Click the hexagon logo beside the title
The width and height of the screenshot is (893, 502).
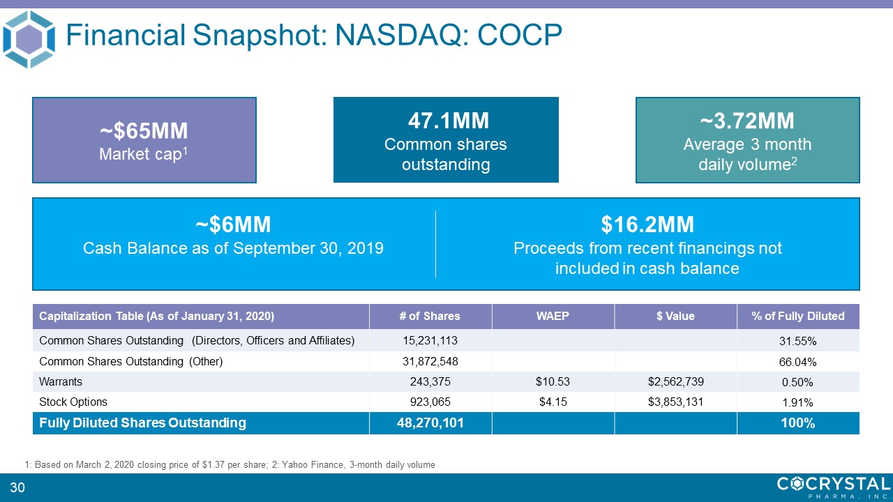click(29, 39)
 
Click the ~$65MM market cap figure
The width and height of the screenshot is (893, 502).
click(144, 130)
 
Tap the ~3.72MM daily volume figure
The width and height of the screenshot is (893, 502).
click(747, 121)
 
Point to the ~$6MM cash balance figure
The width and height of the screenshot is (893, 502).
click(233, 225)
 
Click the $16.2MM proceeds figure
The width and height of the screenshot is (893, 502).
click(647, 225)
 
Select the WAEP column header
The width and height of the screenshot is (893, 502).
click(553, 316)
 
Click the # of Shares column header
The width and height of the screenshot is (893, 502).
click(430, 316)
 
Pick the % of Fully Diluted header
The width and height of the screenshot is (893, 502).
click(797, 316)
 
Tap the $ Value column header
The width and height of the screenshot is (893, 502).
click(675, 316)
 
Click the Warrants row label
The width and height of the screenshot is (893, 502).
click(61, 381)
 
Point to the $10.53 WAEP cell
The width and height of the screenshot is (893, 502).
click(553, 381)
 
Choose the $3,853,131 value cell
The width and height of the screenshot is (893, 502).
click(675, 402)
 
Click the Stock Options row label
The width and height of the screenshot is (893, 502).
click(73, 402)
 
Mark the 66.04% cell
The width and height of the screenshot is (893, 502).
click(797, 362)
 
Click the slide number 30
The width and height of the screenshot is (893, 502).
click(17, 487)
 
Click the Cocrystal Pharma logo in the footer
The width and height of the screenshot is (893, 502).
click(833, 486)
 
